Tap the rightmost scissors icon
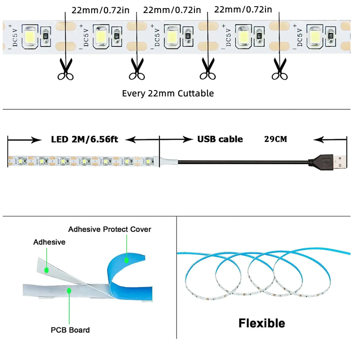pyautogui.click(x=279, y=70)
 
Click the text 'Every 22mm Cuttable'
pyautogui.click(x=168, y=94)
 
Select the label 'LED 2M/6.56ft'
pyautogui.click(x=84, y=139)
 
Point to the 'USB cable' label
pyautogui.click(x=220, y=139)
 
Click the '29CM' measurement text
pyautogui.click(x=275, y=139)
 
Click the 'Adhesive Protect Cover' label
pyautogui.click(x=110, y=229)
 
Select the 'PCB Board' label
pyautogui.click(x=70, y=330)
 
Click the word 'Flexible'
pyautogui.click(x=261, y=323)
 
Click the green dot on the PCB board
pyautogui.click(x=69, y=291)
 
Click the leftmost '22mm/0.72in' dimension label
pyautogui.click(x=100, y=9)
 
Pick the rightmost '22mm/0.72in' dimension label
pyautogui.click(x=243, y=9)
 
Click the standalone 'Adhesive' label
pyautogui.click(x=49, y=242)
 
